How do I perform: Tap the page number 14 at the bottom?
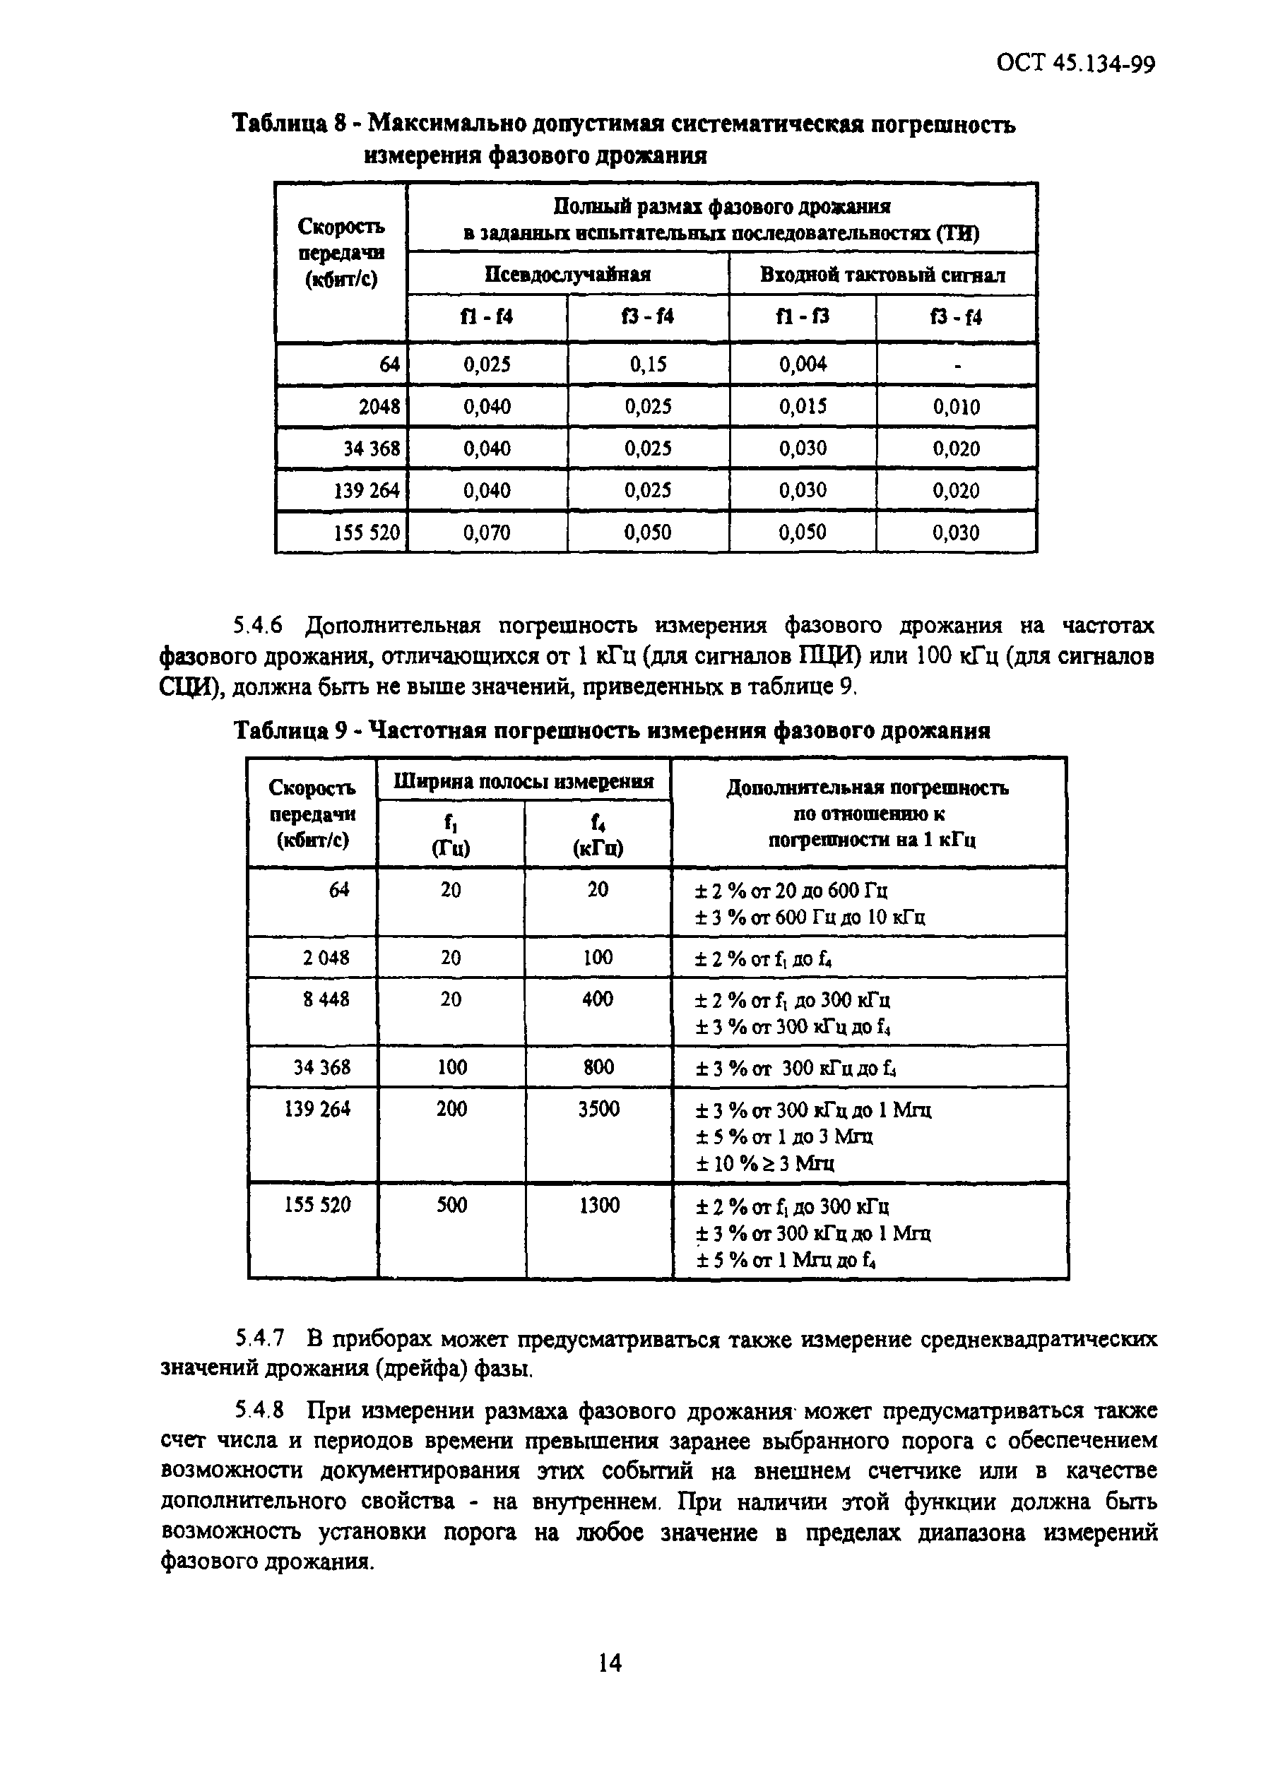[610, 1663]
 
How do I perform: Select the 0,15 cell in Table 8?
[648, 364]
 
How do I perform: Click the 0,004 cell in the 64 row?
[803, 364]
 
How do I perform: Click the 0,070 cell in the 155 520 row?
[487, 533]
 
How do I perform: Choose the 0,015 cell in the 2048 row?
[803, 407]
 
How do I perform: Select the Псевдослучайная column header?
[567, 274]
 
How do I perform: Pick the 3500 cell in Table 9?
[598, 1108]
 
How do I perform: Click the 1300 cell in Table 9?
[598, 1205]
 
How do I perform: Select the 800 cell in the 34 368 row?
[598, 1067]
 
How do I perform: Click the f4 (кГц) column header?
[598, 835]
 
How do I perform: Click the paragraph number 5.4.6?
[257, 625]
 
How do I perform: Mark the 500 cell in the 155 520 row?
[451, 1205]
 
